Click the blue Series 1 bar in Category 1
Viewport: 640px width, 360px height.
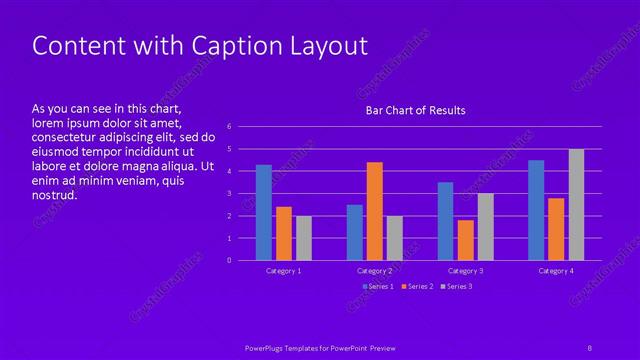(263, 212)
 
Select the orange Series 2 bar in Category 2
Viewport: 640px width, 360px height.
(374, 211)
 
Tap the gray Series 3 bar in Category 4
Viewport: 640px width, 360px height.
(576, 204)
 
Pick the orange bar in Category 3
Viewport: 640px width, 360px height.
(465, 240)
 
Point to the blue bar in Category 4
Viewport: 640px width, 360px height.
(536, 210)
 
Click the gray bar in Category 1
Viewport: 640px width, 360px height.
(304, 238)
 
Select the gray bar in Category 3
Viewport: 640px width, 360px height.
(485, 227)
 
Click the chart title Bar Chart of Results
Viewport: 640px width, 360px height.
(415, 110)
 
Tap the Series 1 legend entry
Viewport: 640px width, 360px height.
(378, 287)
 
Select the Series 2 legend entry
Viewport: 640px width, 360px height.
(418, 287)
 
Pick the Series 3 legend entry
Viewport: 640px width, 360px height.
(456, 287)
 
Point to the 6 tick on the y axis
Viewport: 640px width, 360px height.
(229, 127)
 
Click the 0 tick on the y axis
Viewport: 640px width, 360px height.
(229, 260)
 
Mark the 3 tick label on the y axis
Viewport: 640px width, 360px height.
(229, 194)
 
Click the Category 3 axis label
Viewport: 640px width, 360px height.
(465, 271)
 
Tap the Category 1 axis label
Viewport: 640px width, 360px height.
(283, 271)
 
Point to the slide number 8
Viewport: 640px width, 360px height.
(590, 347)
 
